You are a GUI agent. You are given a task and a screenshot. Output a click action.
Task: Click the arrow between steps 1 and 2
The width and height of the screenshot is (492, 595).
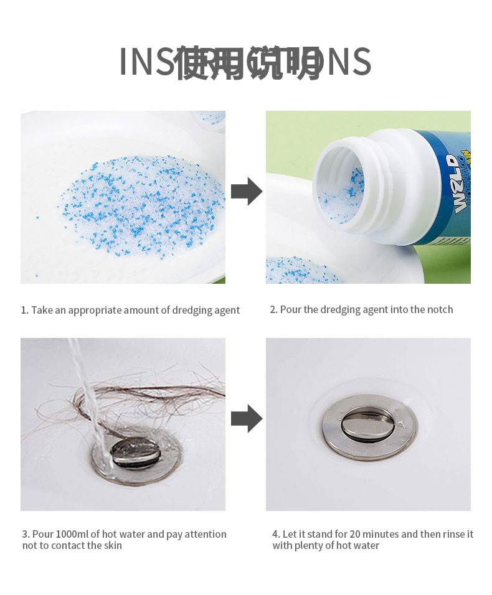(x=246, y=192)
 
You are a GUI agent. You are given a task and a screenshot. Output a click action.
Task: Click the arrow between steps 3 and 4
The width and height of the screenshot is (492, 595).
(x=246, y=419)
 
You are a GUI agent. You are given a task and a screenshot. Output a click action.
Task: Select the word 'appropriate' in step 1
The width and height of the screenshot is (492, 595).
(x=95, y=310)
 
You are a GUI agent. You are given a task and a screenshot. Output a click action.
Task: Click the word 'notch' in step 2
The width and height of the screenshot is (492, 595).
(x=439, y=309)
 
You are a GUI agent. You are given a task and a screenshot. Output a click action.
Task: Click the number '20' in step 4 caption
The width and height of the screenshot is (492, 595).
(x=356, y=534)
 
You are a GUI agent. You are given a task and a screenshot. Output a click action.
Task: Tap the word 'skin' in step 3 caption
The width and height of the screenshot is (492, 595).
(x=113, y=545)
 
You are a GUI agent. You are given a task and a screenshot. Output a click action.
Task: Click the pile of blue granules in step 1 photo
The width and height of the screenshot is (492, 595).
(x=141, y=205)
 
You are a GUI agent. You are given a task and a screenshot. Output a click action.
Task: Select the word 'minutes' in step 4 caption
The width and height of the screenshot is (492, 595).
(x=381, y=534)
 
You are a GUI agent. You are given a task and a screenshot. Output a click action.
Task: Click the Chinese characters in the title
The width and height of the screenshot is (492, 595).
(x=248, y=63)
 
